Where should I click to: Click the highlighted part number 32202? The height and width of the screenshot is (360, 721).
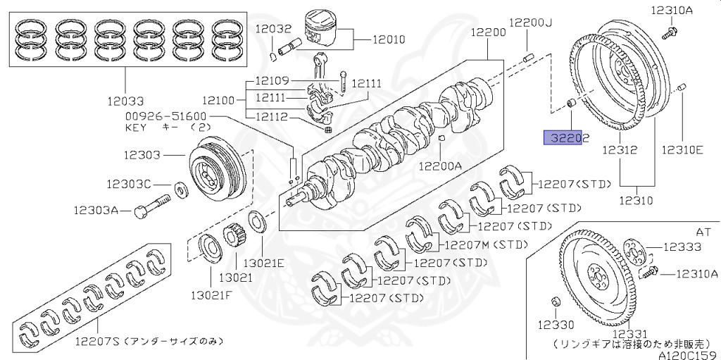[x=565, y=137]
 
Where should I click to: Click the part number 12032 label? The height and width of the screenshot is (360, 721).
[x=273, y=29]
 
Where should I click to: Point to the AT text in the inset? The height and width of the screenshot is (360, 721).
[x=703, y=230]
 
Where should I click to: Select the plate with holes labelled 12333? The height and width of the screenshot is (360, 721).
[x=635, y=251]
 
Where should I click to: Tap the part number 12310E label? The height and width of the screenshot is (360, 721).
[x=682, y=149]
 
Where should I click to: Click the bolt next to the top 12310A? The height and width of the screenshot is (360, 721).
[x=670, y=31]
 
